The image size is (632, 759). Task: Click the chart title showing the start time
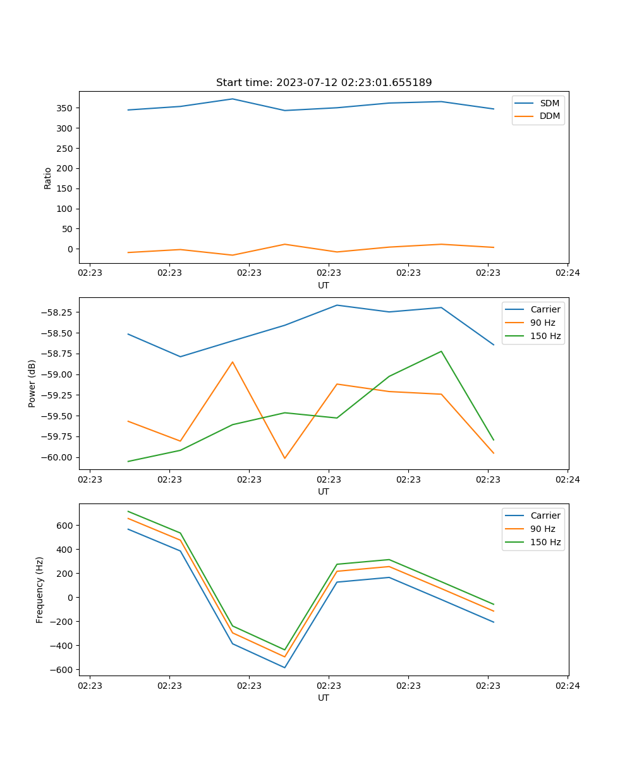pyautogui.click(x=324, y=83)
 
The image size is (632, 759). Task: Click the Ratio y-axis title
pyautogui.click(x=48, y=178)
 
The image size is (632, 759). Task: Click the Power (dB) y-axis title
pyautogui.click(x=32, y=383)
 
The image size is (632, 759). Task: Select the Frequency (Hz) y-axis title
pyautogui.click(x=40, y=589)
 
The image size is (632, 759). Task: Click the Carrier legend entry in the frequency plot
pyautogui.click(x=545, y=515)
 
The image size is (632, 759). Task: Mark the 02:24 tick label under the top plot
pyautogui.click(x=568, y=273)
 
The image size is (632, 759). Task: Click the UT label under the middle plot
pyautogui.click(x=324, y=491)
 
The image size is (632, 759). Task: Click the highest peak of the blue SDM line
pyautogui.click(x=233, y=99)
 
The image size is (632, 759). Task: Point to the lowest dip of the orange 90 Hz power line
pyautogui.click(x=284, y=458)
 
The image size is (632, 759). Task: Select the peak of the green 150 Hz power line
pyautogui.click(x=441, y=351)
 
